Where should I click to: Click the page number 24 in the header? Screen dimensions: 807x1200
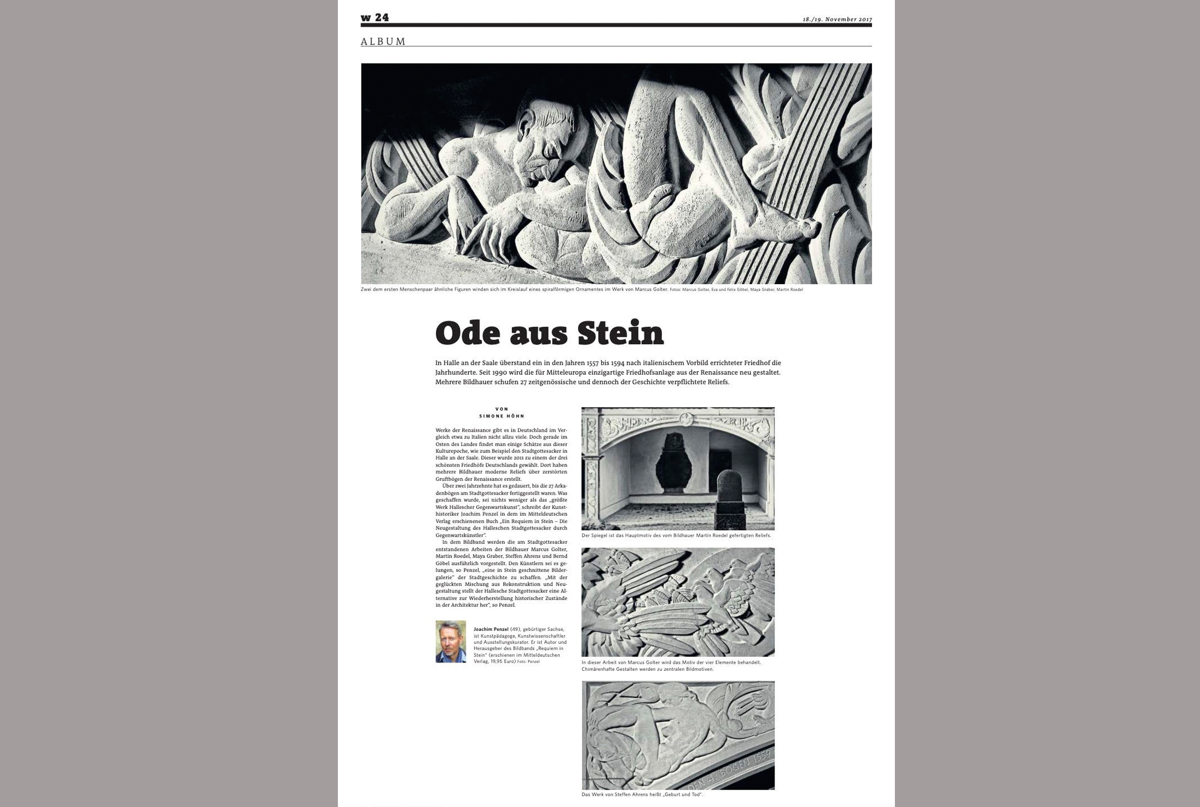[381, 17]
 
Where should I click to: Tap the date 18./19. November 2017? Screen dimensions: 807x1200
[837, 19]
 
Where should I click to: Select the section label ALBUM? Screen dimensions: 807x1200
[383, 41]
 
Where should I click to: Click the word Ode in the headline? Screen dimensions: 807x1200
[467, 333]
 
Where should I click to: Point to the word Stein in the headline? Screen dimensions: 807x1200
[620, 333]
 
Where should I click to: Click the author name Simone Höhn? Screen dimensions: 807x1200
[501, 416]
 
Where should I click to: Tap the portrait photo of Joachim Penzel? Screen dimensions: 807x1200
[451, 641]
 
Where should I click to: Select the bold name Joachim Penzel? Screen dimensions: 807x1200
[490, 629]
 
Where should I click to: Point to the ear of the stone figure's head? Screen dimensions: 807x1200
[526, 126]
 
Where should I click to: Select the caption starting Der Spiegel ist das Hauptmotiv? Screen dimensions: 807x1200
[676, 535]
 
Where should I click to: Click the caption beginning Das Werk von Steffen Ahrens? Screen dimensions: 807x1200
[641, 794]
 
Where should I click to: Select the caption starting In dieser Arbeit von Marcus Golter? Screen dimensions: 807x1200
[671, 666]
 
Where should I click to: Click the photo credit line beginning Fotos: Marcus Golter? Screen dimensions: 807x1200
[736, 290]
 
